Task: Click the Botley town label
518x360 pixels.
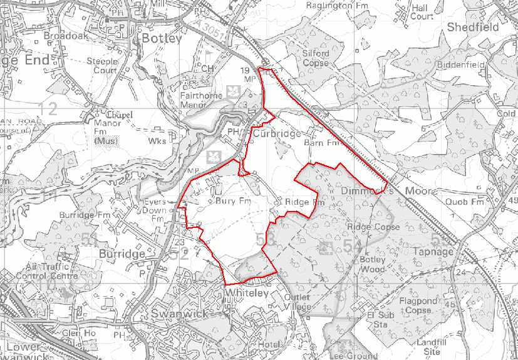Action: [x=162, y=38]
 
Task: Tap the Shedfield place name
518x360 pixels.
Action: [x=473, y=28]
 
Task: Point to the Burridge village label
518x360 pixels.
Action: [x=122, y=254]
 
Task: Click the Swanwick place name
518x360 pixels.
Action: [x=180, y=312]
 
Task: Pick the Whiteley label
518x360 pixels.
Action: [x=246, y=293]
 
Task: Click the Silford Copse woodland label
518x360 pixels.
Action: [x=316, y=58]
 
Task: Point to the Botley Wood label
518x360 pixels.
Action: [x=373, y=264]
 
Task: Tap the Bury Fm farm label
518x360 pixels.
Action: [x=232, y=202]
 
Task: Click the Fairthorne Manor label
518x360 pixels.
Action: [x=201, y=101]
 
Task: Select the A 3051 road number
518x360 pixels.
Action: [x=208, y=27]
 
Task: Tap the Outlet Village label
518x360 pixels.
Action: [x=298, y=302]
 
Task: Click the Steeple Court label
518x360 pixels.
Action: [x=102, y=66]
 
